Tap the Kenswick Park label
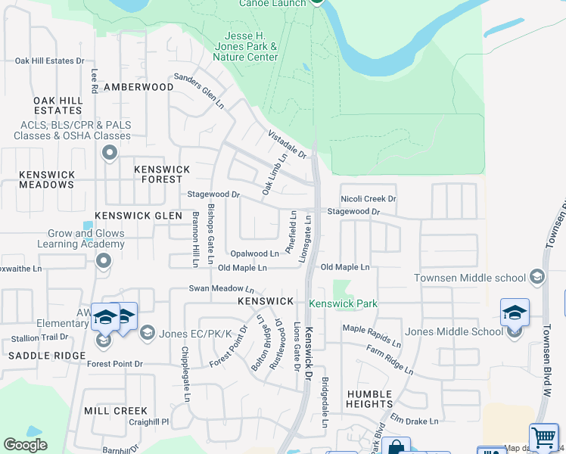click(x=343, y=304)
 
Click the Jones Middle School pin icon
click(x=515, y=313)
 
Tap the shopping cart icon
click(x=543, y=438)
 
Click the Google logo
click(x=25, y=445)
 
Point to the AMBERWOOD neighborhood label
click(x=138, y=87)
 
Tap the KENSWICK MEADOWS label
click(x=47, y=179)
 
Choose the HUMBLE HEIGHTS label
click(x=369, y=399)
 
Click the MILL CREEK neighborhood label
click(x=116, y=411)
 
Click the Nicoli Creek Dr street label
click(x=369, y=199)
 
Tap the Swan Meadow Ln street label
click(x=221, y=289)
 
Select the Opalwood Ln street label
click(x=255, y=254)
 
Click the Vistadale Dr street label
click(x=286, y=144)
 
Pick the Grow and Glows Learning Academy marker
click(x=104, y=261)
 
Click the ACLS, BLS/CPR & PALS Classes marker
click(x=110, y=154)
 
